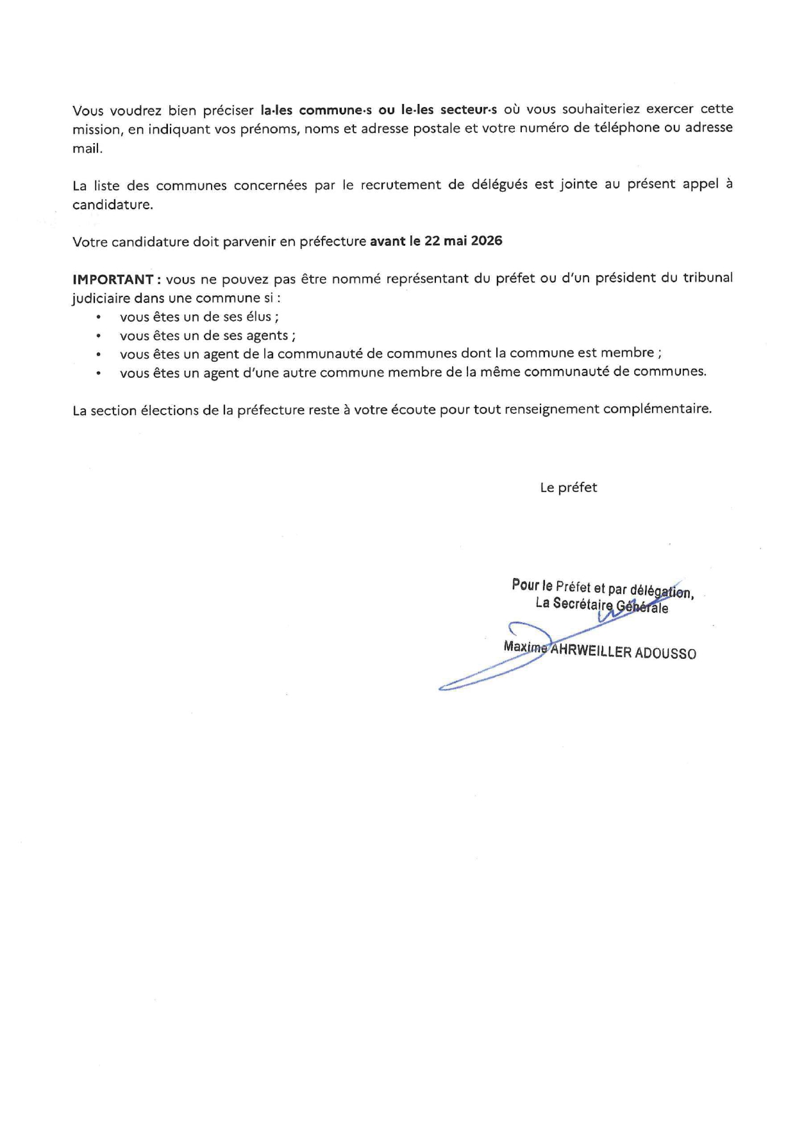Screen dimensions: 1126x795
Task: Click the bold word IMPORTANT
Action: [112, 280]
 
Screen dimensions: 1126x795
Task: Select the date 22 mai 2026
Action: [464, 241]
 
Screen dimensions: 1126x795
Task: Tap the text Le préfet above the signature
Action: [568, 488]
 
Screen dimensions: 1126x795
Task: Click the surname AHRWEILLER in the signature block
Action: [591, 652]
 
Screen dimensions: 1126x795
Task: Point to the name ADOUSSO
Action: [665, 654]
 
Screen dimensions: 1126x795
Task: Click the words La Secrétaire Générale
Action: [601, 605]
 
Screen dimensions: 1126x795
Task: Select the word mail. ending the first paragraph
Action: [87, 148]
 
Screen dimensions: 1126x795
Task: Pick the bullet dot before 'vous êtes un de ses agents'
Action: [99, 336]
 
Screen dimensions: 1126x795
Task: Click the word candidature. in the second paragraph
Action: [112, 205]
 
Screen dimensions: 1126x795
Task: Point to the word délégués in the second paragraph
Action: [499, 185]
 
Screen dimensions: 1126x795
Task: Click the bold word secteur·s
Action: [469, 109]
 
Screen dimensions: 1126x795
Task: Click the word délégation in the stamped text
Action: [660, 591]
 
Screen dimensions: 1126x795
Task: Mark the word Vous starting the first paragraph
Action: [88, 110]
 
